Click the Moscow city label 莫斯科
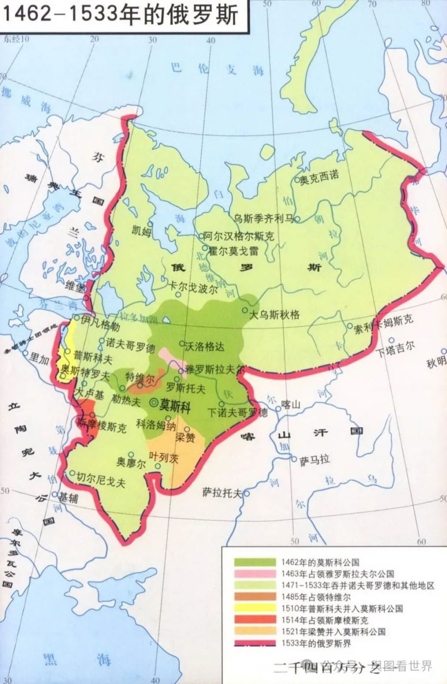coord(175,406)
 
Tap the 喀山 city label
coord(291,404)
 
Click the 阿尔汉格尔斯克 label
coord(239,236)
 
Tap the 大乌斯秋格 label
coord(274,315)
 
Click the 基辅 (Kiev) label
coord(68,498)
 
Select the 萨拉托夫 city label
coord(222,492)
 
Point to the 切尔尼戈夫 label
coord(101,480)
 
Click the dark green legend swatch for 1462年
coord(255,562)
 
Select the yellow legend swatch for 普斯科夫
coord(255,609)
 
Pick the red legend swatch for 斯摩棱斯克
coord(255,620)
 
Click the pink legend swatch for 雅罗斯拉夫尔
coord(255,574)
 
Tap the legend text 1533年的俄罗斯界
coord(316,644)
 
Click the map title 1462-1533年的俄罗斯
coord(120,14)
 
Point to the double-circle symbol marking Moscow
coord(153,403)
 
